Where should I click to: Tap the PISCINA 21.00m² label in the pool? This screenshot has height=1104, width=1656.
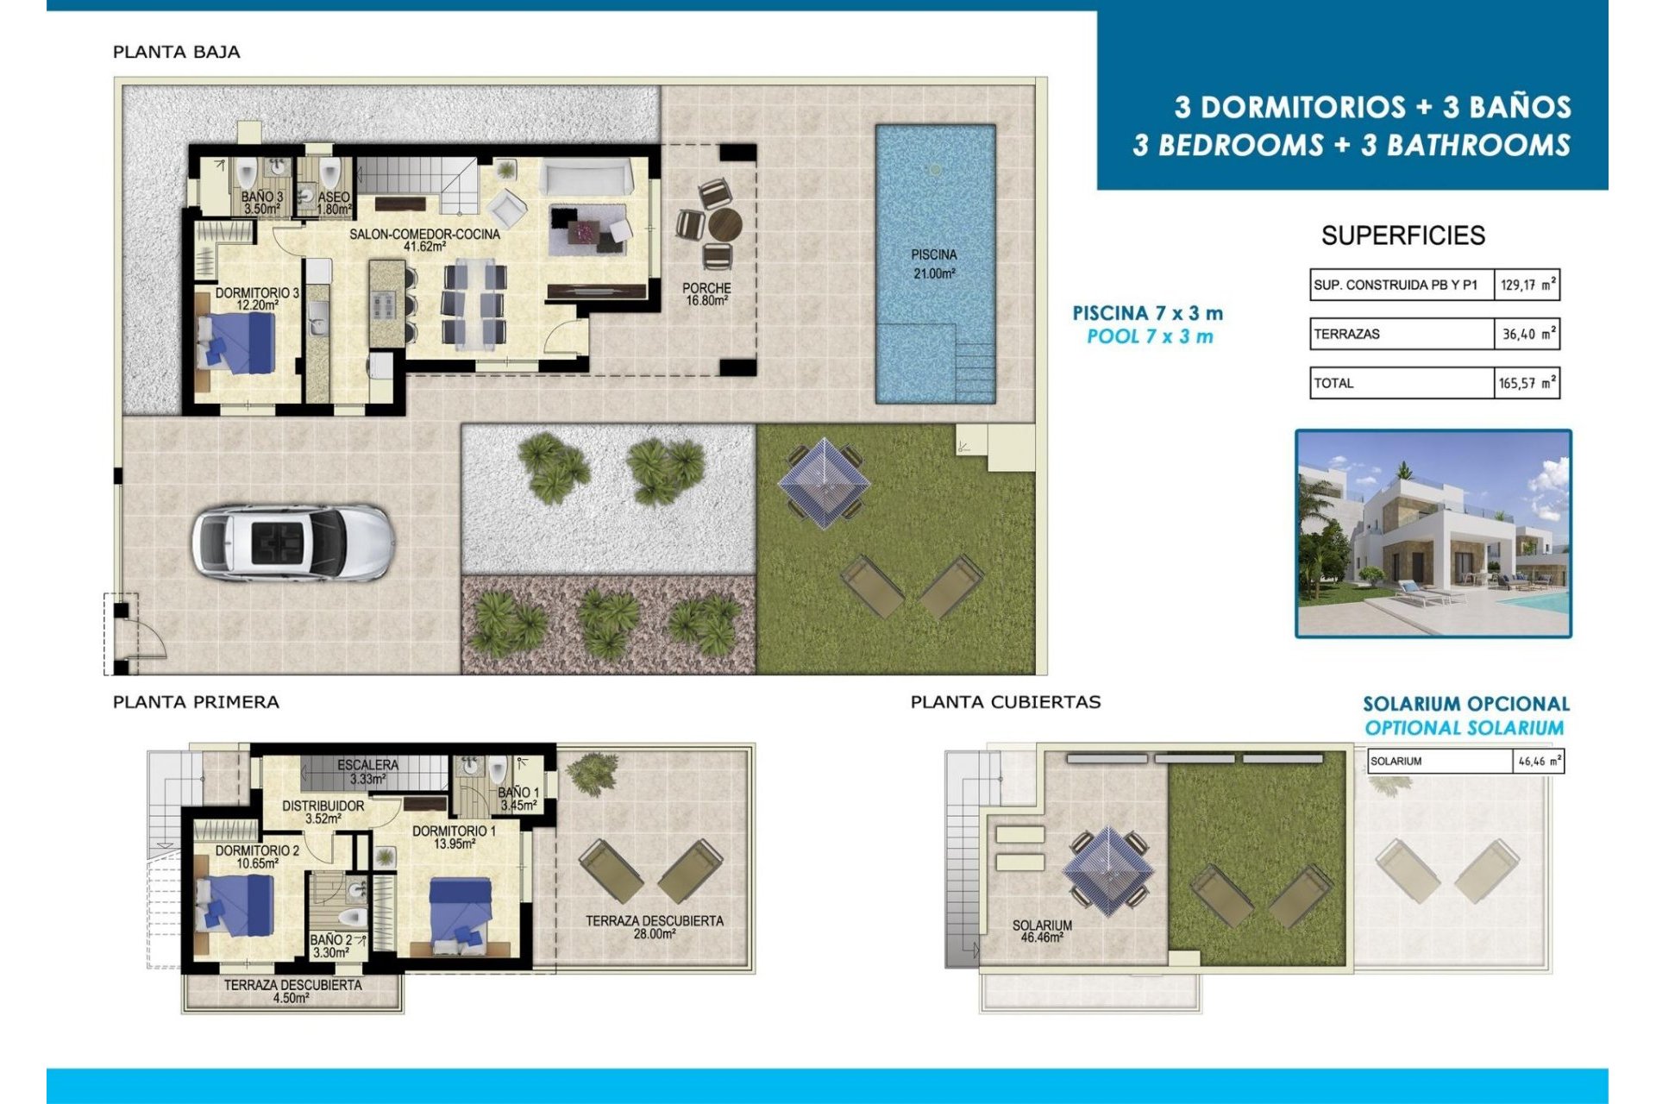point(933,264)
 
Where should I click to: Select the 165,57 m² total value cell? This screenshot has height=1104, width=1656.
point(1526,383)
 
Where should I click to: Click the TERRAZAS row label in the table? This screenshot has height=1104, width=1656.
point(1346,334)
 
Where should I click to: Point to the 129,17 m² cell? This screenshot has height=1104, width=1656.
point(1527,285)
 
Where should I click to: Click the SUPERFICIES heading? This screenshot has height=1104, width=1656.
point(1402,235)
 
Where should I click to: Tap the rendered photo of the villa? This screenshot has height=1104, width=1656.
point(1433,534)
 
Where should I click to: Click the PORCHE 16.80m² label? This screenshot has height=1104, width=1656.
point(706,294)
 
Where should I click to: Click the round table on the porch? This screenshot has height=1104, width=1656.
point(724,226)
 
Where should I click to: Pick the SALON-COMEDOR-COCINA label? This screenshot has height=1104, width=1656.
point(424,240)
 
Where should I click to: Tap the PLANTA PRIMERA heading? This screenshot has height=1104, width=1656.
point(196,702)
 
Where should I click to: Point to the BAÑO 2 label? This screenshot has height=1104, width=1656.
point(330,946)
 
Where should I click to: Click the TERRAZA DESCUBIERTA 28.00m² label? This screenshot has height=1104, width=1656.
point(654,926)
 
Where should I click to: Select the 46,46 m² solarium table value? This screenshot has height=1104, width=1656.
point(1538,762)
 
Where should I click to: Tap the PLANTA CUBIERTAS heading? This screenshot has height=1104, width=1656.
point(1006,702)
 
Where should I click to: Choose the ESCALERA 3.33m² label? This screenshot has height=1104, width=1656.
point(367,771)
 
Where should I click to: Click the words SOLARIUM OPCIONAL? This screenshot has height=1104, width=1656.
point(1465,704)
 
